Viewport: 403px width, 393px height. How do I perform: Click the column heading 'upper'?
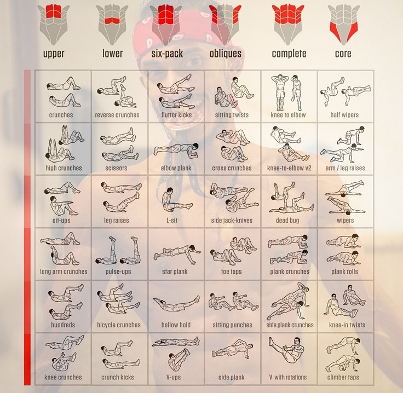(x=54, y=54)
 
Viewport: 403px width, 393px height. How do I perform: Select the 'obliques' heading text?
(x=226, y=54)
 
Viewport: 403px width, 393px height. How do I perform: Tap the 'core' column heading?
(x=343, y=54)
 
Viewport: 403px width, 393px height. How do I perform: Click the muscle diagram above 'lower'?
(x=112, y=25)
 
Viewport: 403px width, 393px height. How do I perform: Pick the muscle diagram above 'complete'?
(x=289, y=25)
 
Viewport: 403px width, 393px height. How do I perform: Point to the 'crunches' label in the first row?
(x=61, y=115)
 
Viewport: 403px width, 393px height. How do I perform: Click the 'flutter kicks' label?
(x=176, y=115)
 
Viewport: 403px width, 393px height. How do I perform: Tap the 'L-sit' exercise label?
(x=172, y=220)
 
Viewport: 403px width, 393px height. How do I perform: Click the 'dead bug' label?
(x=287, y=221)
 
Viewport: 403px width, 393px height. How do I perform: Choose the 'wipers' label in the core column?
(x=345, y=221)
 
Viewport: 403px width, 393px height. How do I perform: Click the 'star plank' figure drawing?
(x=177, y=254)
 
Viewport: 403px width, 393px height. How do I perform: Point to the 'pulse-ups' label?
(x=118, y=271)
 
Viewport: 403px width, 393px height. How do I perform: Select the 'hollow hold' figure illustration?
(x=176, y=303)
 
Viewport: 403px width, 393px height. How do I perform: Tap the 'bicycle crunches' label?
(x=119, y=325)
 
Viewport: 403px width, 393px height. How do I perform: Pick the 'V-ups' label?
(x=174, y=377)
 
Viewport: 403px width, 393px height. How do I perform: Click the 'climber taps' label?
(x=343, y=377)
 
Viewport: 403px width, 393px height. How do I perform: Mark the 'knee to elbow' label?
(x=288, y=115)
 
